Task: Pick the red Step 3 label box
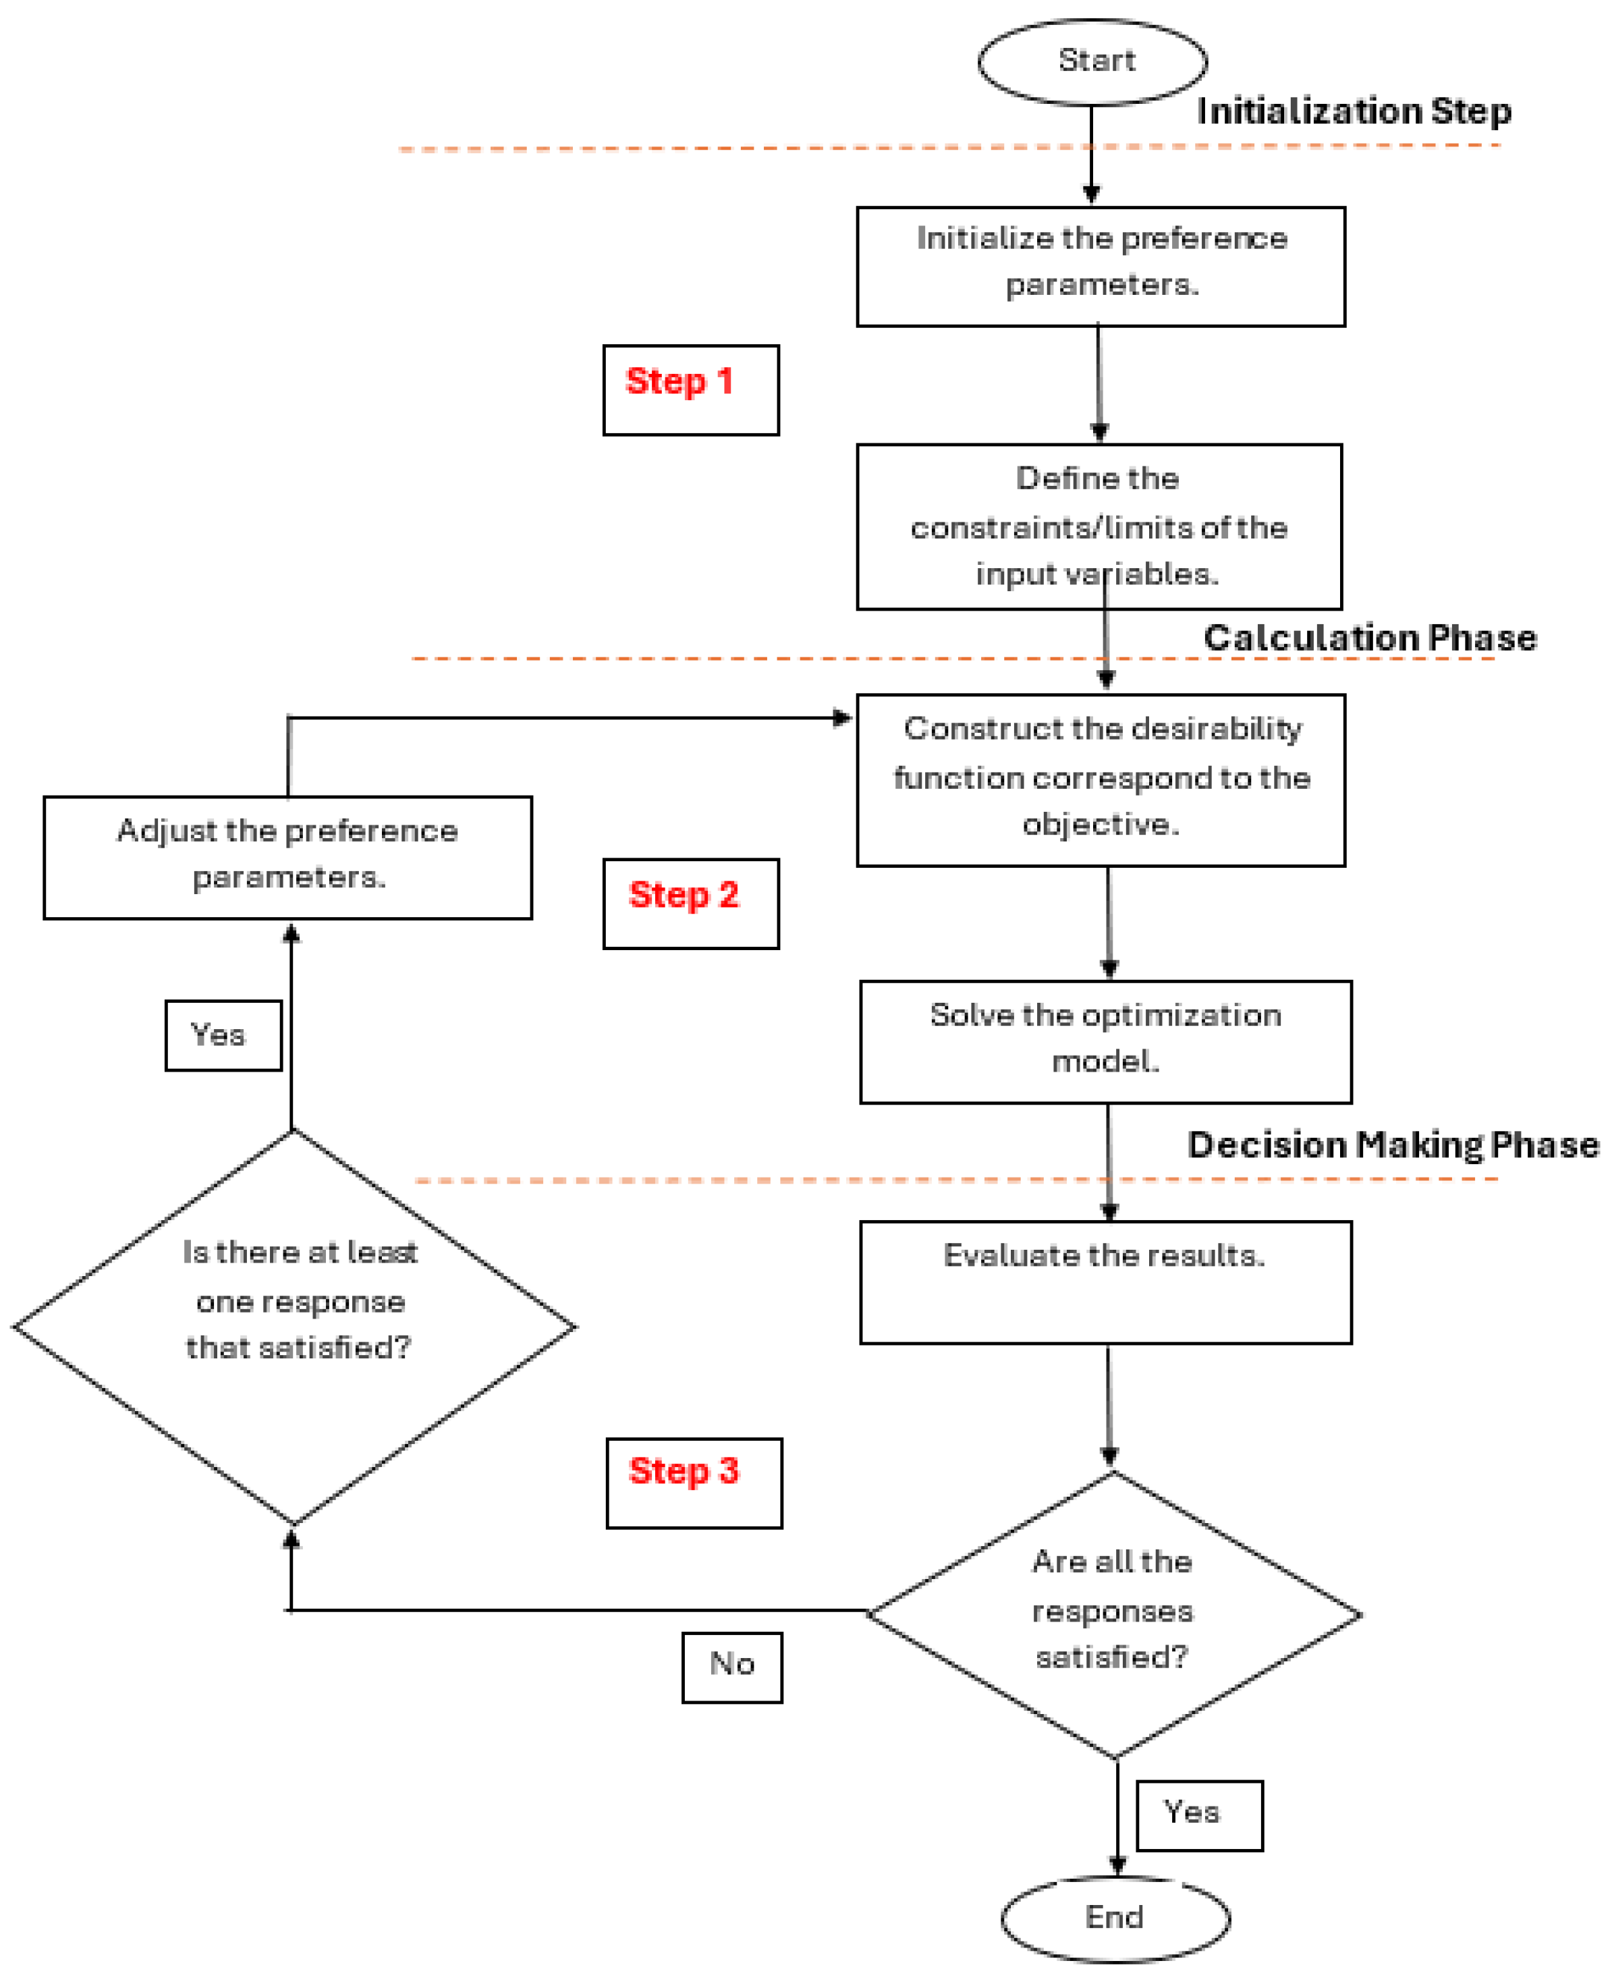(694, 1482)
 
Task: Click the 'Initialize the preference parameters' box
(1101, 266)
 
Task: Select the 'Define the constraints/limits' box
(1099, 526)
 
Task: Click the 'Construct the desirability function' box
(1101, 780)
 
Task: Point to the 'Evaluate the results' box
(1105, 1281)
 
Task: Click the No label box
(731, 1667)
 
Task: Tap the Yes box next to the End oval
(1199, 1815)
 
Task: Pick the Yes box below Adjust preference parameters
(223, 1034)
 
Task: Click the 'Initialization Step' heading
(1353, 111)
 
